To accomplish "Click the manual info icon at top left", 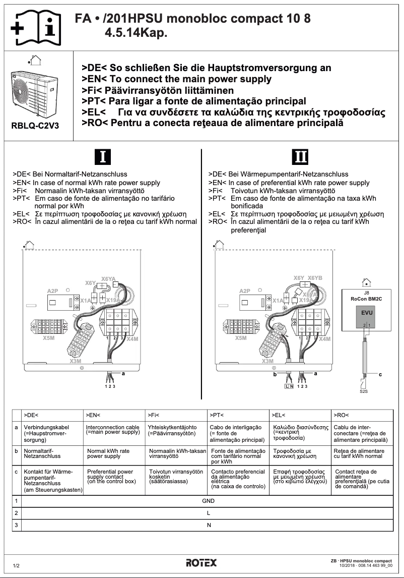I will tap(36, 25).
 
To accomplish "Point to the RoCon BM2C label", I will tap(366, 298).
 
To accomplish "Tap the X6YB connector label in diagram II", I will tap(315, 278).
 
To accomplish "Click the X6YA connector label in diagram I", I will tap(108, 278).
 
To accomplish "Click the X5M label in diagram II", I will tap(241, 338).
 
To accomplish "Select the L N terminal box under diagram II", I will tap(289, 386).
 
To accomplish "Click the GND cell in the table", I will tap(208, 501).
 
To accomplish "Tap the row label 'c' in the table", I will tap(17, 471).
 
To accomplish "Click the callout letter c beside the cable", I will tap(380, 374).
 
